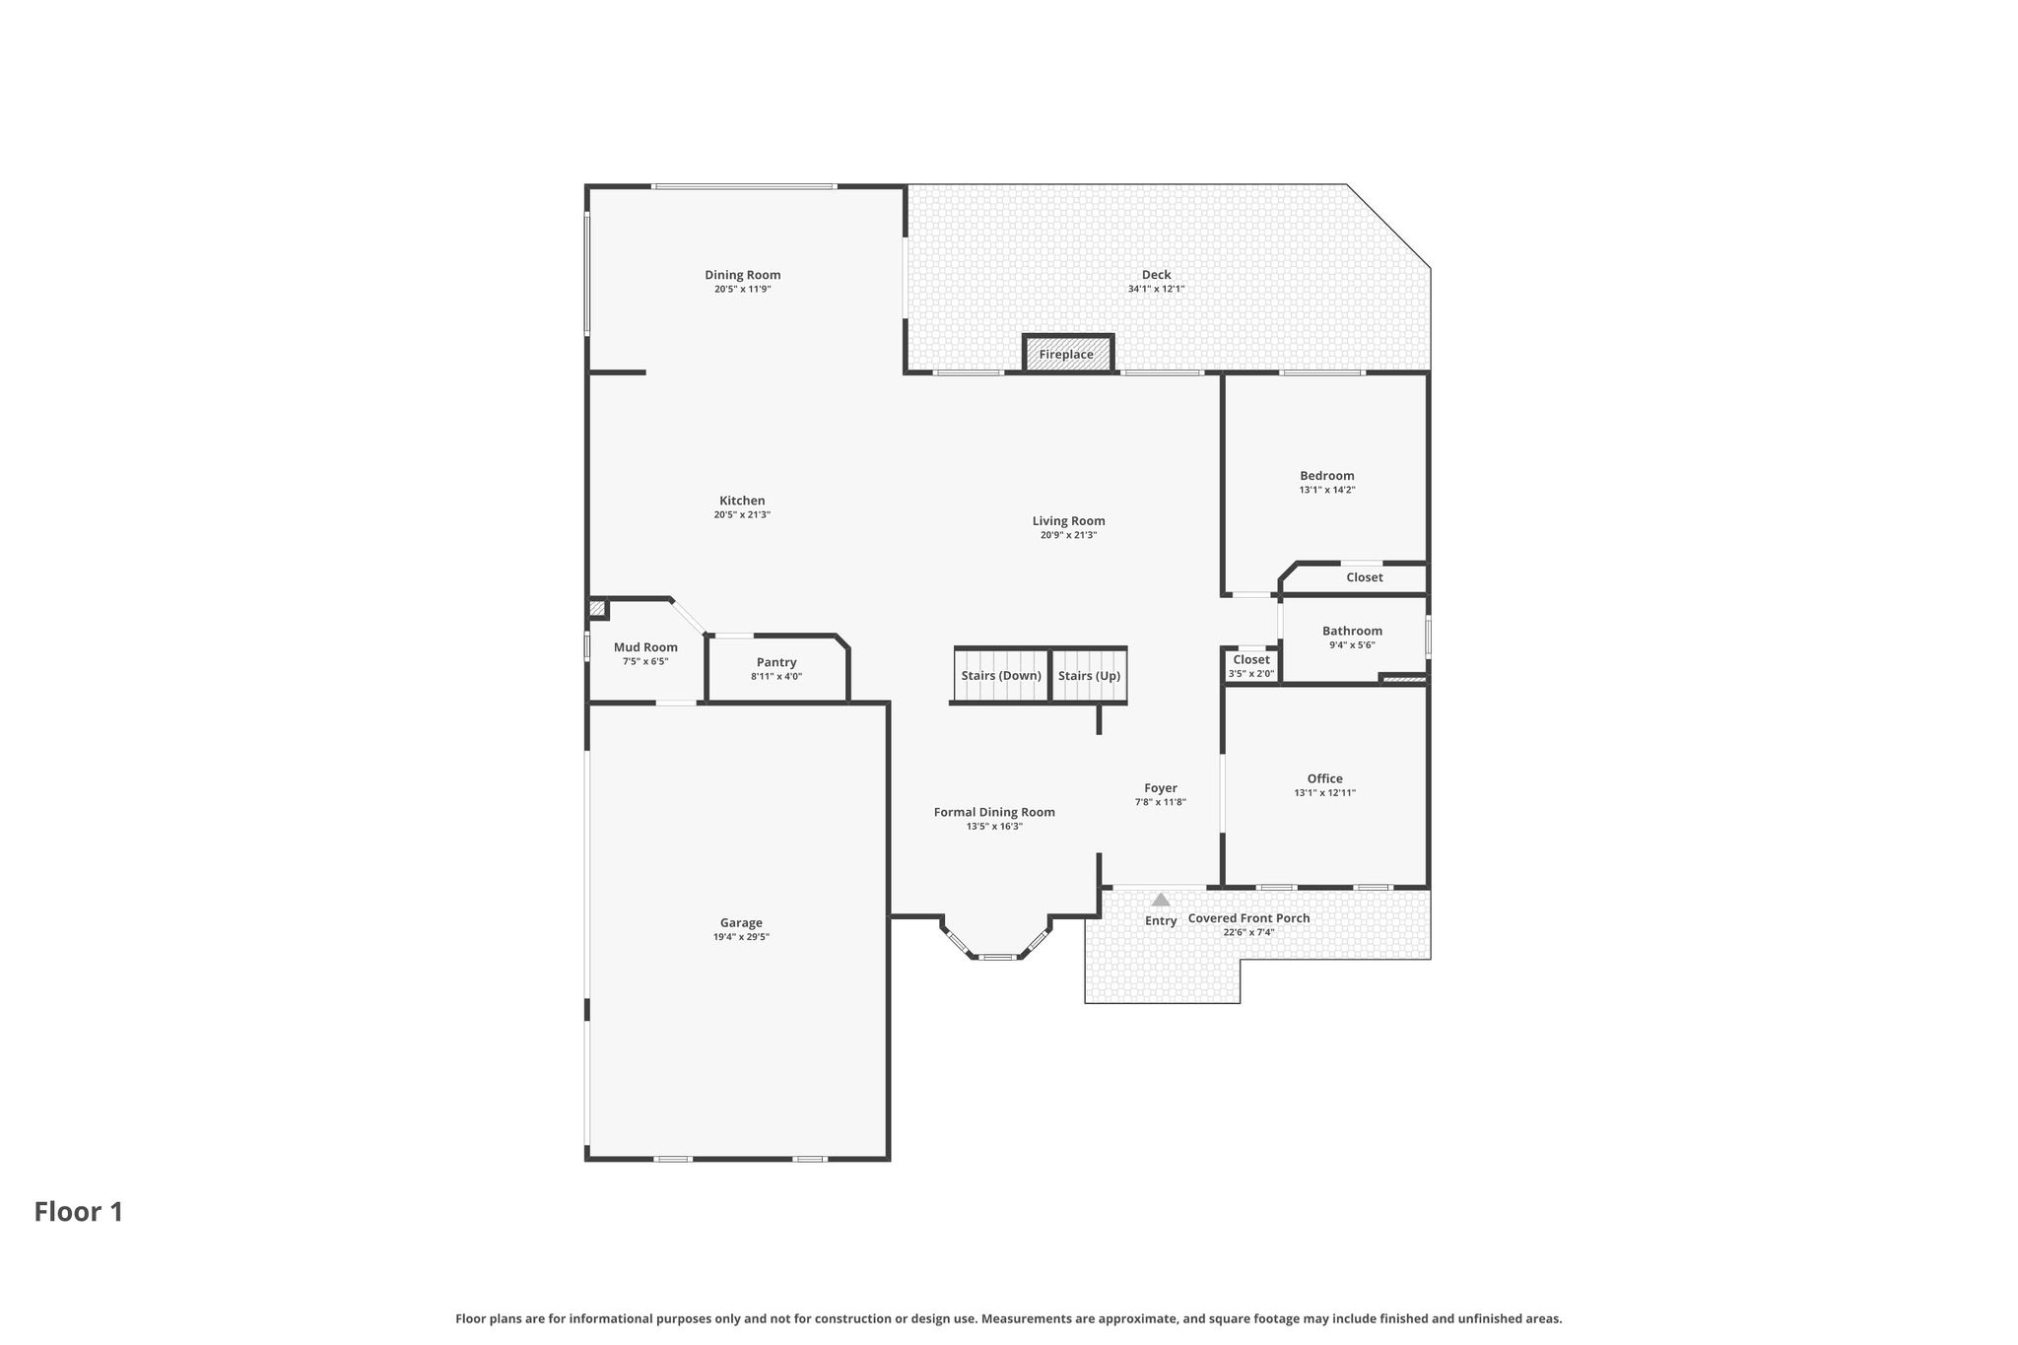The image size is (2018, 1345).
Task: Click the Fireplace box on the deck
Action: (1068, 354)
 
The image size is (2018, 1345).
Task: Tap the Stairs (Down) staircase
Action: (1001, 675)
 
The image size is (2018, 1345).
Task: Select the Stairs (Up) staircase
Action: (1089, 675)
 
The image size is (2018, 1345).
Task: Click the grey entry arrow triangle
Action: (1161, 899)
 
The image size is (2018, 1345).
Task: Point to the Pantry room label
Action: (776, 662)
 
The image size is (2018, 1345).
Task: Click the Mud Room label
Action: (645, 647)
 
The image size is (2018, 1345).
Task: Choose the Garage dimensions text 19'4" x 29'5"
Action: (741, 937)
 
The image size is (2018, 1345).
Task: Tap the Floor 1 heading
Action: (79, 1212)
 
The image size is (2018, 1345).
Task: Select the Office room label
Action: (1325, 778)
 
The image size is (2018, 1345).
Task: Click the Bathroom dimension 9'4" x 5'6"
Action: (1352, 645)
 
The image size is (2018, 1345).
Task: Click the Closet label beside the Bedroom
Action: (1365, 577)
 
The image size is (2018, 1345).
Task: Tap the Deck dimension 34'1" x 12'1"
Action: (1156, 290)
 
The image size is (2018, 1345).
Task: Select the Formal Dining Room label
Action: (994, 812)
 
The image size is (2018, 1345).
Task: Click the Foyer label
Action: (1161, 788)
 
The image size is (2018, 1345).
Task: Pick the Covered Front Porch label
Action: (1249, 918)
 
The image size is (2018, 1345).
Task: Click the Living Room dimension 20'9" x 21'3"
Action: (1068, 536)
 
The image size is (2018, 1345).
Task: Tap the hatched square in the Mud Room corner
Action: (597, 608)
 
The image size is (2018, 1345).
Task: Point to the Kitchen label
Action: (742, 501)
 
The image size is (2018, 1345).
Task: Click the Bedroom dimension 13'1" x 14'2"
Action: (1327, 490)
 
